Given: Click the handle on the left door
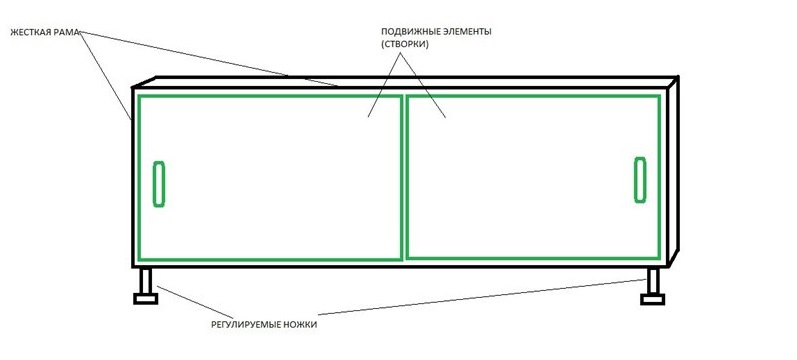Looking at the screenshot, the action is (158, 183).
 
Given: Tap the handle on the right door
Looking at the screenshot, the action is (640, 179).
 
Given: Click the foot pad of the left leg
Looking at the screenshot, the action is (144, 297).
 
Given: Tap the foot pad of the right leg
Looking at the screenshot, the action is (656, 297).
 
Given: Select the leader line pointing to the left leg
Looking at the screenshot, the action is (190, 302).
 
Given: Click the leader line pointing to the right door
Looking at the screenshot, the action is (425, 90).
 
